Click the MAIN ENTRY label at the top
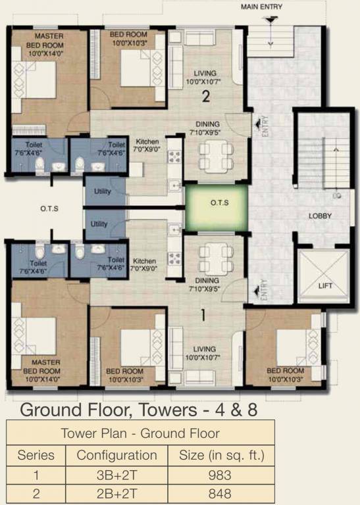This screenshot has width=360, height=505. click(261, 7)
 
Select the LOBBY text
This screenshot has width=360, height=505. click(320, 216)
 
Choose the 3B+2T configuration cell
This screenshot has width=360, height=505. click(116, 475)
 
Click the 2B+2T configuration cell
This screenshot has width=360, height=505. click(116, 494)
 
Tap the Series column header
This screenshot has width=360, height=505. click(36, 454)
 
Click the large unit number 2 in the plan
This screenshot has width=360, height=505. click(205, 97)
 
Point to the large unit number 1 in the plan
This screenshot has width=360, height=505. click(203, 315)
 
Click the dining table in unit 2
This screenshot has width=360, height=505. click(217, 155)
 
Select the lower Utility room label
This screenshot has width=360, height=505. click(99, 224)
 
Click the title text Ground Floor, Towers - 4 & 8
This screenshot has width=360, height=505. click(138, 410)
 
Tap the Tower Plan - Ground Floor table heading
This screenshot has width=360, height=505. click(140, 433)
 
